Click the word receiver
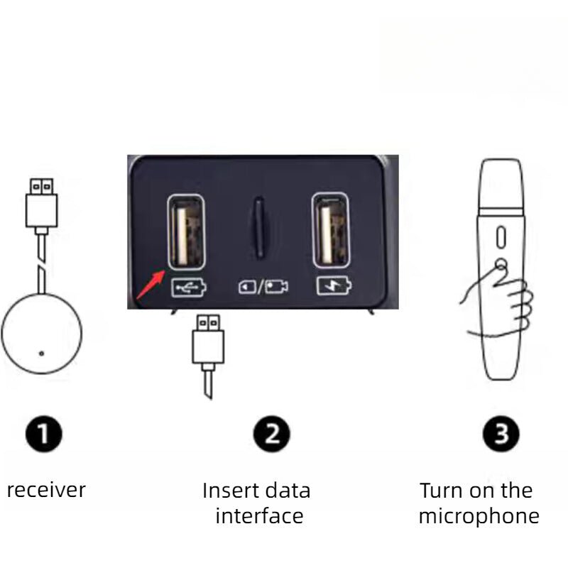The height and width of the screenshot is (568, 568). pyautogui.click(x=46, y=490)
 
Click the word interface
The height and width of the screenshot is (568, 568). pyautogui.click(x=259, y=515)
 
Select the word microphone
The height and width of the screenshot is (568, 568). pyautogui.click(x=479, y=516)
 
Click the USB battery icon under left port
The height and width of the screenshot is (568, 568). pyautogui.click(x=187, y=288)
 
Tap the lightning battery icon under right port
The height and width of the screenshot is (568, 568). pyautogui.click(x=331, y=288)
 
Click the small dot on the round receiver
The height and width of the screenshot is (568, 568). pyautogui.click(x=41, y=353)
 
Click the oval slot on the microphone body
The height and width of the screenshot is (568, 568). pyautogui.click(x=500, y=236)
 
